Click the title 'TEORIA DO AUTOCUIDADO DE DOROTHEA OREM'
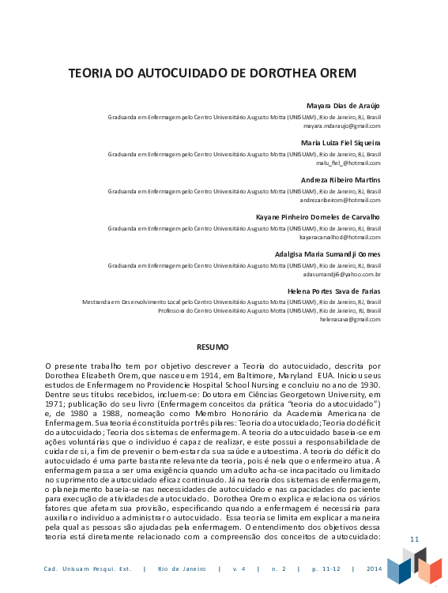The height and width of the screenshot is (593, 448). (x=212, y=74)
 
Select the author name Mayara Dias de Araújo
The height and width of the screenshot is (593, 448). (x=343, y=106)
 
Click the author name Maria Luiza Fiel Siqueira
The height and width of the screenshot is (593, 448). (x=341, y=143)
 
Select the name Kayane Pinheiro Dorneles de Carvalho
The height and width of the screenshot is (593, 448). (x=318, y=216)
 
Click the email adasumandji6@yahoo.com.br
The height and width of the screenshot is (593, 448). (x=341, y=273)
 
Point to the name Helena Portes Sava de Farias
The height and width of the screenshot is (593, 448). (x=333, y=291)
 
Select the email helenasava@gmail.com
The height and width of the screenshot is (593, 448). (x=350, y=319)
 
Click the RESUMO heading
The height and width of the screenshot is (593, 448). (x=213, y=347)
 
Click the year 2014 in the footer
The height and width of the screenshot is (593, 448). (x=374, y=569)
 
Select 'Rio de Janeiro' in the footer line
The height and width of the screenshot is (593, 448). (x=181, y=569)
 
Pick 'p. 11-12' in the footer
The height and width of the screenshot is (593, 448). (x=325, y=569)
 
